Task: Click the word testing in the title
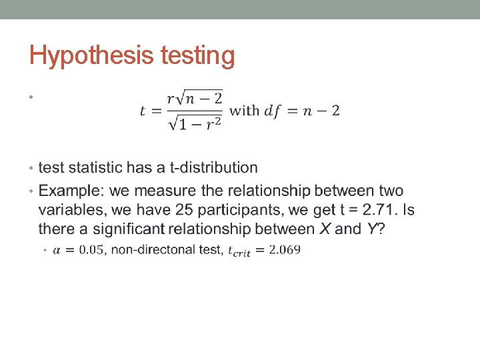198,57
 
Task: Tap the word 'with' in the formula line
244,111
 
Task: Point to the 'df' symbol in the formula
273,111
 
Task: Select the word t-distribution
215,168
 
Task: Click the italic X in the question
325,229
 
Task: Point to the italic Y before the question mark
372,229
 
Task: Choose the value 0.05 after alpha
92,251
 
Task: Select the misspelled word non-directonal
153,251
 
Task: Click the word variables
71,210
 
